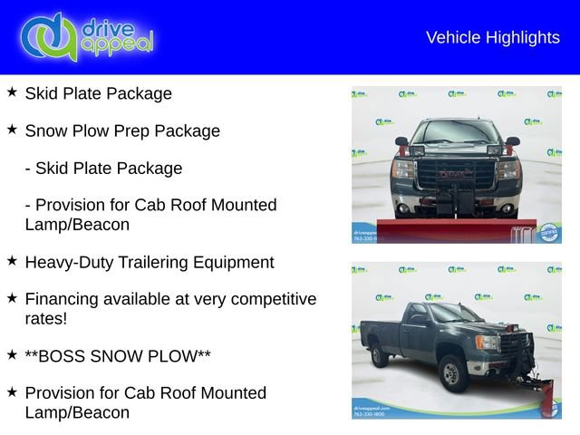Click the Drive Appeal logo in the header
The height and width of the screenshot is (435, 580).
86,37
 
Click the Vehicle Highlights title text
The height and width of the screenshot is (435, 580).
492,37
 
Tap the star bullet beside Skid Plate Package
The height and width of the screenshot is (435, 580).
12,92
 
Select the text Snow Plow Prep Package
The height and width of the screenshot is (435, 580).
122,130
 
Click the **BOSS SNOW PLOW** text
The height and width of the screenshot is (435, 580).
118,355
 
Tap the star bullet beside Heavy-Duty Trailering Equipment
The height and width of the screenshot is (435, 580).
12,261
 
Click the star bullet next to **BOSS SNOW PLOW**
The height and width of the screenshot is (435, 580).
12,354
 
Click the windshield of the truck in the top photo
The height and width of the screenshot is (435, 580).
456,133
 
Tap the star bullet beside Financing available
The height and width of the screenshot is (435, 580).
12,298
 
